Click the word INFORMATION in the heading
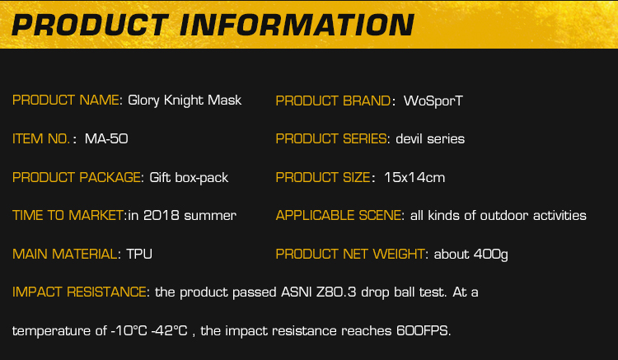tap(297, 25)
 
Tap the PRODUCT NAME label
tap(66, 100)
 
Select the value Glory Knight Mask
tap(185, 101)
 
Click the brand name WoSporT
tap(433, 101)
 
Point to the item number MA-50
tap(106, 138)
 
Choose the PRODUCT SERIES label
tap(331, 138)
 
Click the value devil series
tap(430, 138)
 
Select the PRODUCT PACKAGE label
tap(77, 177)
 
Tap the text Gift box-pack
tap(189, 178)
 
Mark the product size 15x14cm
tap(414, 177)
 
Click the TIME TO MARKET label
tap(68, 216)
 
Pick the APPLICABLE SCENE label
tap(339, 216)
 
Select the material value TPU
tap(139, 254)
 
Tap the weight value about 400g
tap(471, 255)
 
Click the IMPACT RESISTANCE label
tap(79, 292)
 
